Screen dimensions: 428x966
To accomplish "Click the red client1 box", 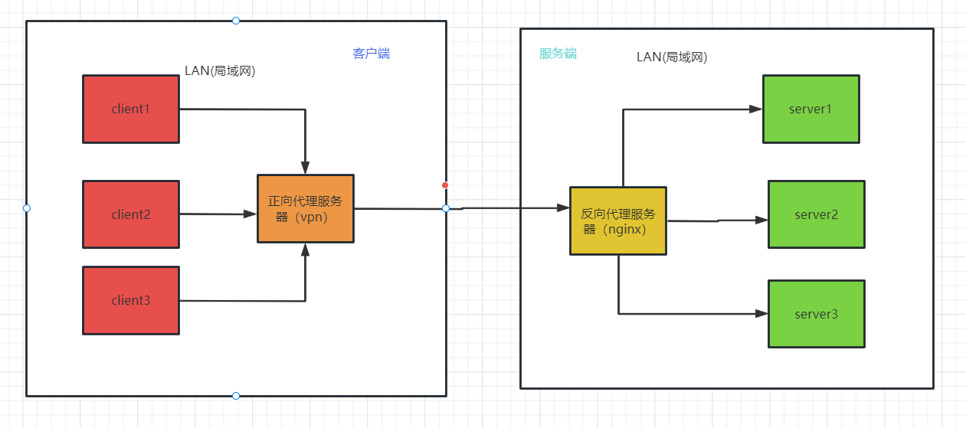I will tap(131, 109).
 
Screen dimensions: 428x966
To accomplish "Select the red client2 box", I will tap(131, 214).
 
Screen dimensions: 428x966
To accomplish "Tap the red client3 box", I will tap(131, 300).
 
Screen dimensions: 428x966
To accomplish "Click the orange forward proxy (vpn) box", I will tap(306, 208).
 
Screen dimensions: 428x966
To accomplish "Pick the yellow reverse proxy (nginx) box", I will tap(618, 221).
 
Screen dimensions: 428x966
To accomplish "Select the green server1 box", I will tap(810, 109).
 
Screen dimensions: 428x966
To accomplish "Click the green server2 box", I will tap(817, 214).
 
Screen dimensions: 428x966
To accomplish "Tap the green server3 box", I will tap(817, 314).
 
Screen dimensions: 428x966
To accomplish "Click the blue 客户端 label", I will tap(372, 54).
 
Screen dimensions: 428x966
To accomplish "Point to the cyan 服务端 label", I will tap(558, 54).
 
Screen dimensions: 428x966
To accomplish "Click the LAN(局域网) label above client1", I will tap(220, 71).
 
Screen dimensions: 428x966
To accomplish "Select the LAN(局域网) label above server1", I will tap(672, 57).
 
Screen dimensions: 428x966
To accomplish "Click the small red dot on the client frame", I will tap(445, 185).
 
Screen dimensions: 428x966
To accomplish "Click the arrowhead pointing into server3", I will tap(762, 313).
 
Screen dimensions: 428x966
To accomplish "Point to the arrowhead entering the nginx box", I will tap(564, 207).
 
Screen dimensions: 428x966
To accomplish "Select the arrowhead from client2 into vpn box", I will tap(251, 214).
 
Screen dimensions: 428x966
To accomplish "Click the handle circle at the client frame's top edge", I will tap(236, 21).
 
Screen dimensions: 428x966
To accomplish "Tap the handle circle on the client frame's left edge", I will tap(27, 208).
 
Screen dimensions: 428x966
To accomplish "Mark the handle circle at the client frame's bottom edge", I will tap(236, 396).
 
